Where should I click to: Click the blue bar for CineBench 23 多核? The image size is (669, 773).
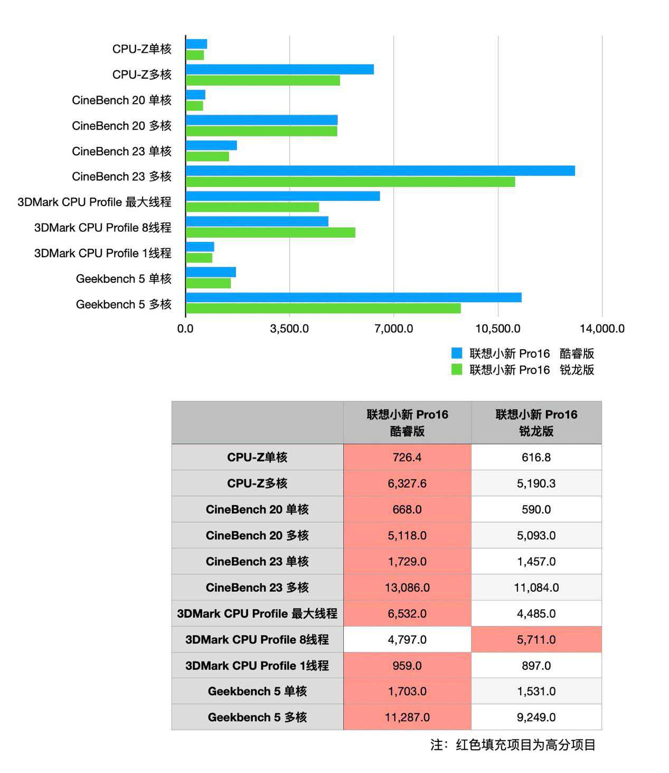380,171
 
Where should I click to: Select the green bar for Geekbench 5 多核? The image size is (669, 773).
323,308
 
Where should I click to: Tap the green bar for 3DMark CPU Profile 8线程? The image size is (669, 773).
270,232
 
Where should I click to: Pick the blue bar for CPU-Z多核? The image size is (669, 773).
280,69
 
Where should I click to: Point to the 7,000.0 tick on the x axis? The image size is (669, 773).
394,329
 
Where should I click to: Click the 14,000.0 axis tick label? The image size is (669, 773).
602,329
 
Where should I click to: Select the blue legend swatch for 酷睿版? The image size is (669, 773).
457,353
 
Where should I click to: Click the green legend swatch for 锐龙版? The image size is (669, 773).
457,369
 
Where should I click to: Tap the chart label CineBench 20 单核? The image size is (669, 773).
121,100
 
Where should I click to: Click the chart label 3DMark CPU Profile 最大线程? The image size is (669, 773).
95,202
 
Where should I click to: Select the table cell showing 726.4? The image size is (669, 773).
407,457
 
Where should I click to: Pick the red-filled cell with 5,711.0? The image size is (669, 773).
536,639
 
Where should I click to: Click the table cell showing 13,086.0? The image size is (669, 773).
407,587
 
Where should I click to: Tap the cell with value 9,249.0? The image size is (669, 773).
536,717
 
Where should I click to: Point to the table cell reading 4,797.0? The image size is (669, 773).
407,639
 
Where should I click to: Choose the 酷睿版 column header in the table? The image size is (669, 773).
407,423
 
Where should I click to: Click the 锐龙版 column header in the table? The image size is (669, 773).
536,423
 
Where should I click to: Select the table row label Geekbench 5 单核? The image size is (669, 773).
257,691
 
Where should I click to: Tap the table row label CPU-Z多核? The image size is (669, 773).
257,483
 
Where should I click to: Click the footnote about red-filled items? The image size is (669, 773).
513,745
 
